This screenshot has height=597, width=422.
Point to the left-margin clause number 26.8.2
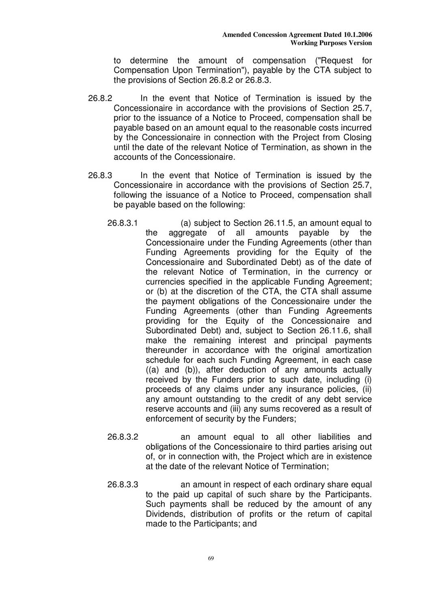pos(100,99)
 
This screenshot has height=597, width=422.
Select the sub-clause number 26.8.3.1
pos(123,223)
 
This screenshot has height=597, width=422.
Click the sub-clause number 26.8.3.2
pos(123,437)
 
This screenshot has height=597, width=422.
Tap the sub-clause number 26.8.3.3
pos(123,485)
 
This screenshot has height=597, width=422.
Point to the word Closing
pos(357,138)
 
